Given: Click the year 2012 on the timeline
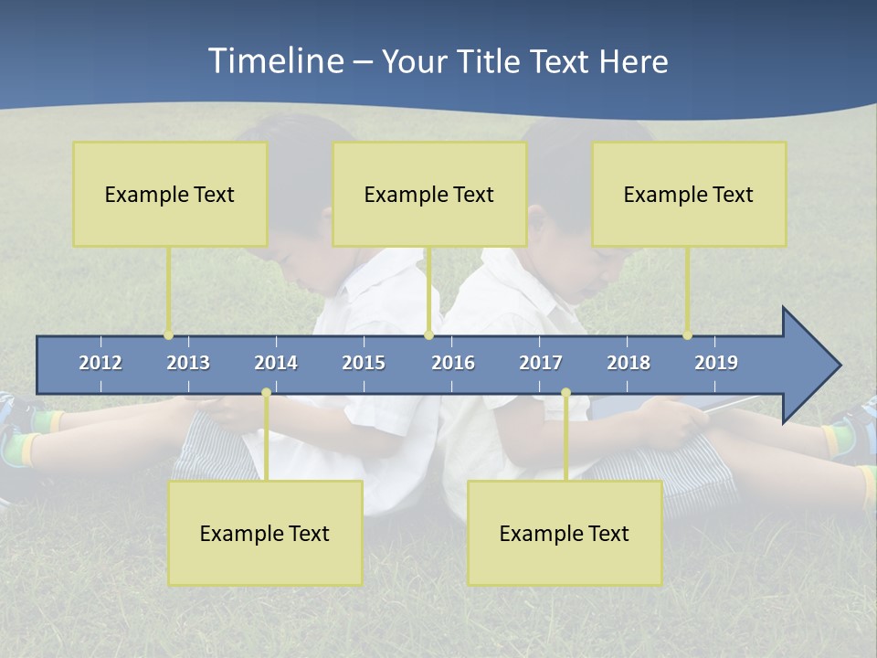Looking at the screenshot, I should pyautogui.click(x=100, y=363).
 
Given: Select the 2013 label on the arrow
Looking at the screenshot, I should pyautogui.click(x=188, y=363).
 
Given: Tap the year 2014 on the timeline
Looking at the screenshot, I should pyautogui.click(x=276, y=363).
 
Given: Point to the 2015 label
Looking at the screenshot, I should pyautogui.click(x=364, y=363).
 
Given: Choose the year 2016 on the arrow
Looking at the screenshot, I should pyautogui.click(x=453, y=363).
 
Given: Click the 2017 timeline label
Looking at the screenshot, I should pyautogui.click(x=541, y=363).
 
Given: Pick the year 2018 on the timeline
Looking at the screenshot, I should pyautogui.click(x=629, y=363).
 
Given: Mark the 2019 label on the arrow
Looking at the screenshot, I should pyautogui.click(x=716, y=363).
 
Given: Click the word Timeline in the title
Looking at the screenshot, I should pyautogui.click(x=274, y=61).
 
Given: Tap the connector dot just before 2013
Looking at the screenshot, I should pyautogui.click(x=168, y=335).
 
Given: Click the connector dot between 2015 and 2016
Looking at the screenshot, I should pyautogui.click(x=428, y=335).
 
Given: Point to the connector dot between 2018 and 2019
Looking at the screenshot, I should pyautogui.click(x=687, y=335).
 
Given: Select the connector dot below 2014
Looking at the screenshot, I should pyautogui.click(x=266, y=393).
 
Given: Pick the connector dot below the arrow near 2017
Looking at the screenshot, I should pyautogui.click(x=565, y=393).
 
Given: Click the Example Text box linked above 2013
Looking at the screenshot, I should pyautogui.click(x=170, y=194).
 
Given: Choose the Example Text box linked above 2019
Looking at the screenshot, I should pyautogui.click(x=689, y=194).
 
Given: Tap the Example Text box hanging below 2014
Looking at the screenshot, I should pyautogui.click(x=265, y=533).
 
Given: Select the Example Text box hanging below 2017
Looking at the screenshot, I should pyautogui.click(x=565, y=533).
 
